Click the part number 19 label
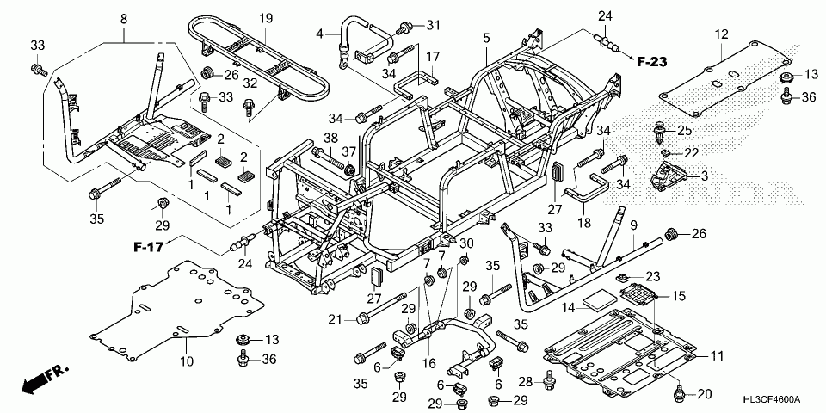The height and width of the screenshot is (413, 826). (x=266, y=19)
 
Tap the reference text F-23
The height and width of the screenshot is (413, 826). (x=651, y=62)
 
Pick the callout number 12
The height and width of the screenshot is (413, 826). (x=721, y=34)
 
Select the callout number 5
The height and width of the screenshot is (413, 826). (x=486, y=37)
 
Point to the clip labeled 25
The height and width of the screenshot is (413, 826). (x=658, y=132)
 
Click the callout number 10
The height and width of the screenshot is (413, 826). (x=187, y=361)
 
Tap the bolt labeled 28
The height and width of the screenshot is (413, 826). (x=548, y=380)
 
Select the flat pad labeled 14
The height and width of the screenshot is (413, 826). (x=601, y=301)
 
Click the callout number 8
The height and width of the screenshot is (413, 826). (x=124, y=19)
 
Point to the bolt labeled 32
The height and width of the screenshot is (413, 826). (x=249, y=107)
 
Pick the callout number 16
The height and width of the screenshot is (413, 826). (x=429, y=363)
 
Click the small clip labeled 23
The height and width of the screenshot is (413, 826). (x=621, y=277)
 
